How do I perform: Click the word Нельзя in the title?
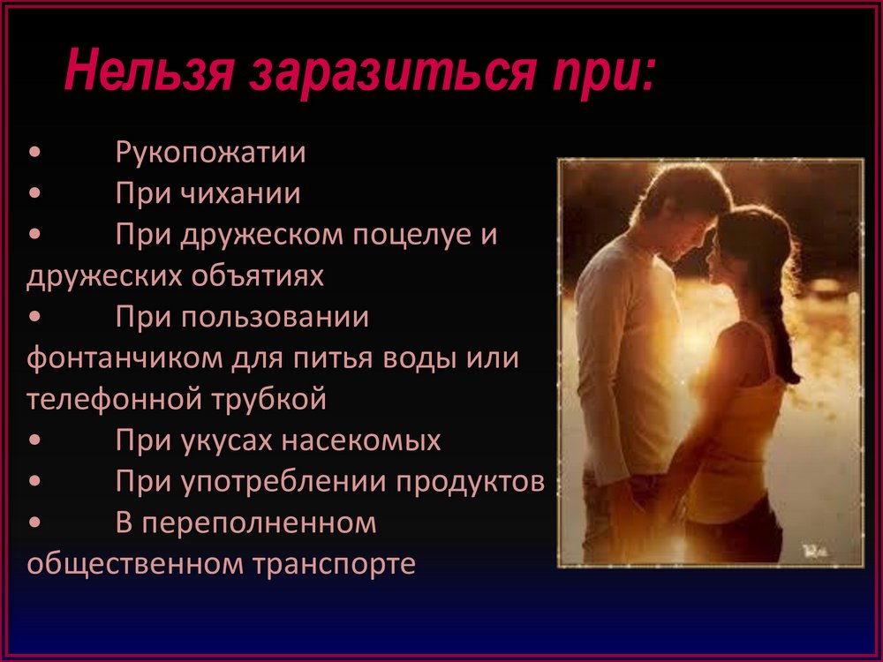coord(148,70)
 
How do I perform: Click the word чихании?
coord(240,193)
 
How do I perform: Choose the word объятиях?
coord(257,275)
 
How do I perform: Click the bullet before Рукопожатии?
coord(34,152)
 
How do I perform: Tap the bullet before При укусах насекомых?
coord(34,440)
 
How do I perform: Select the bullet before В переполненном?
coord(34,522)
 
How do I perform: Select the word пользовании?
coord(275,318)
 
